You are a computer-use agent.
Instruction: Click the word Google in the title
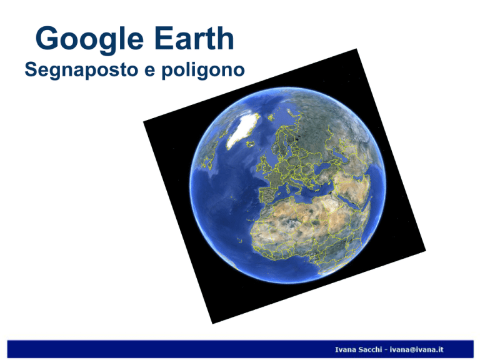[89, 39]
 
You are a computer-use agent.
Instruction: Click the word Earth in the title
[194, 38]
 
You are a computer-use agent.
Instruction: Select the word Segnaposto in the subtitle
[81, 70]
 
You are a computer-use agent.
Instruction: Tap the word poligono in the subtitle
[203, 70]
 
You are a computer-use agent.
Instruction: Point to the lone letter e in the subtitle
[150, 71]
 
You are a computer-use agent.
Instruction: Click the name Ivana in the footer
[344, 349]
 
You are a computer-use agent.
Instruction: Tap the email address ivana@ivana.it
[416, 349]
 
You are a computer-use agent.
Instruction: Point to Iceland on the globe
[251, 144]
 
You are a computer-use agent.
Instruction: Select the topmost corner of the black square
[356, 49]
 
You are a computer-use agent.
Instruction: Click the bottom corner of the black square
[212, 323]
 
